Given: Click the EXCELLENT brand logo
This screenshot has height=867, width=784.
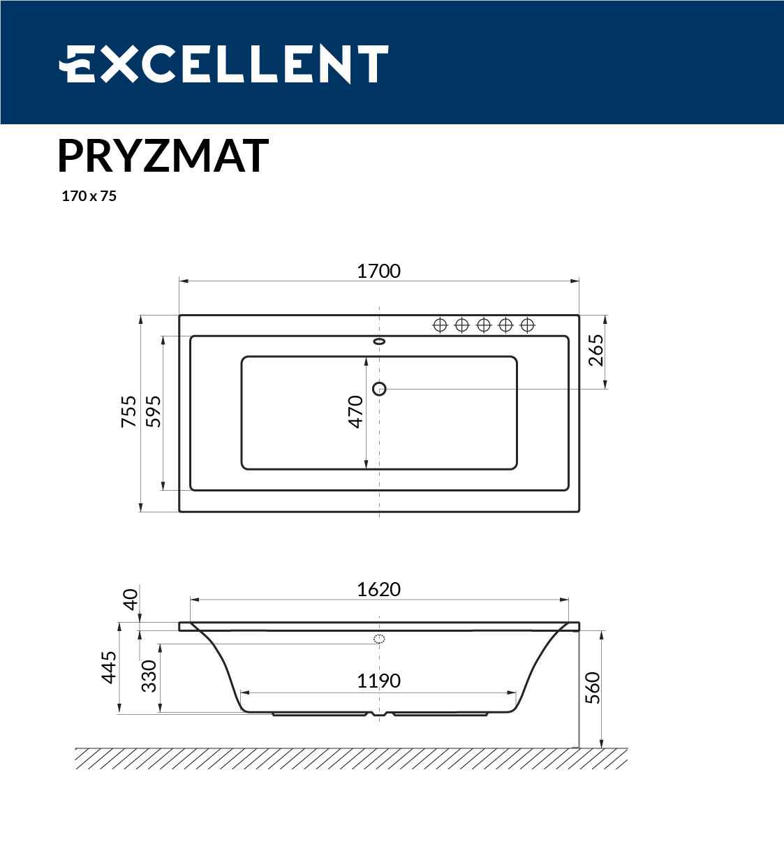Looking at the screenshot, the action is coord(223,64).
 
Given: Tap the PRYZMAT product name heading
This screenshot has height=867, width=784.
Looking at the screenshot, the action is coord(163,156).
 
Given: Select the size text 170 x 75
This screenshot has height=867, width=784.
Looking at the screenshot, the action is coord(89,196).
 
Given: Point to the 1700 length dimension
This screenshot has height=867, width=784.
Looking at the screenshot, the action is coord(379,272).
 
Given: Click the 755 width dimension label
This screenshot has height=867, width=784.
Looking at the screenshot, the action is coord(129,411).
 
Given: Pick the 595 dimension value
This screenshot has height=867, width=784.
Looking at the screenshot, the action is coord(153,411).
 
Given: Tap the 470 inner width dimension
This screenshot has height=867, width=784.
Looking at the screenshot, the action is coord(355,411).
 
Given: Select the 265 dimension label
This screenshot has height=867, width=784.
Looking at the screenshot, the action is coord(596,350).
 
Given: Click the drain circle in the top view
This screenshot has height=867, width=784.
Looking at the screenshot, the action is coord(379,389).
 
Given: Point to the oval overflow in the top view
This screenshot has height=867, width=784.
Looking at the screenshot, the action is coord(379,341).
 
